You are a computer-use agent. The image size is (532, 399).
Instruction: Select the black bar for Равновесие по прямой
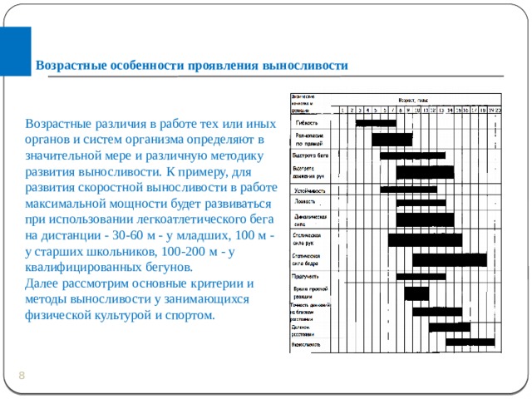pyautogui.click(x=386, y=139)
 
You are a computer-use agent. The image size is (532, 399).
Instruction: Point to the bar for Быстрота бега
pyautogui.click(x=412, y=155)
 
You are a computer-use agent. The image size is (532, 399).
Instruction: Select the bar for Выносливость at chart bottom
pyautogui.click(x=470, y=342)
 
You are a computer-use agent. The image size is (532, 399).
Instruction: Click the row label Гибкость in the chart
pyautogui.click(x=307, y=123)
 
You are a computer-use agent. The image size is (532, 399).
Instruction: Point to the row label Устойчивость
pyautogui.click(x=309, y=190)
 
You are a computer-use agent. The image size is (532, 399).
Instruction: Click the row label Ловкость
pyautogui.click(x=305, y=201)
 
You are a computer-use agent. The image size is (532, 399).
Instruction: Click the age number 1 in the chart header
pyautogui.click(x=343, y=109)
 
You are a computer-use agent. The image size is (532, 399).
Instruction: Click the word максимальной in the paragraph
pyautogui.click(x=66, y=204)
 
